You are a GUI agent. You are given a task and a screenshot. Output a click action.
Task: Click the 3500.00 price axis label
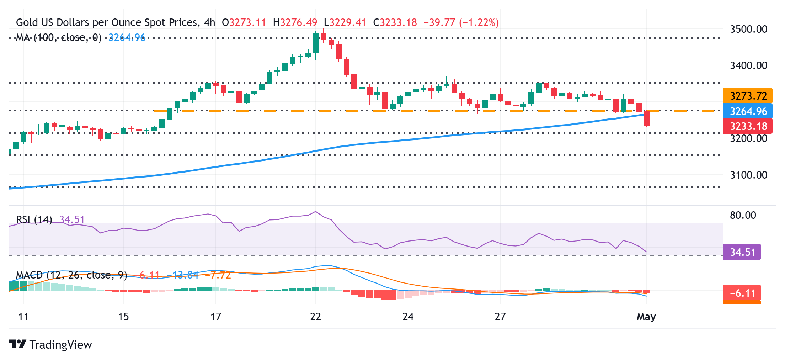(748, 29)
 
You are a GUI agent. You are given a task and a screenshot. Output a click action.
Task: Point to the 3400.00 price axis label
(748, 65)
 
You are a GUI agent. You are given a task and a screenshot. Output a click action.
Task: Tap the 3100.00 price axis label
(748, 175)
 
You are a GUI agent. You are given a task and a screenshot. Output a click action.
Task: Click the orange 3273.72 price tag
(747, 96)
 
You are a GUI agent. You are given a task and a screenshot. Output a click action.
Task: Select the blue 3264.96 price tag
(747, 111)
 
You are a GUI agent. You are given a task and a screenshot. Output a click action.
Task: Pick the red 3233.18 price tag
(747, 126)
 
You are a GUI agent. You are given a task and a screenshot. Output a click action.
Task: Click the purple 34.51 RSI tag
(742, 252)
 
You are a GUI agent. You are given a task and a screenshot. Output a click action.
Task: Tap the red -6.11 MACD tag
(742, 293)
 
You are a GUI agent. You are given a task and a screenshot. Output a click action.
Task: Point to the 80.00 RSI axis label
(743, 215)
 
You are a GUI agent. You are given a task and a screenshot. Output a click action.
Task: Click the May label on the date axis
(646, 317)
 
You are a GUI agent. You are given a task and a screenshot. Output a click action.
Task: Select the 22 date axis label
(315, 317)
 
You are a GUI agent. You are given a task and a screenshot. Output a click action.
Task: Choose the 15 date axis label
(123, 317)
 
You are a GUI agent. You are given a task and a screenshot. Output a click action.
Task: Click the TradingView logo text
(60, 345)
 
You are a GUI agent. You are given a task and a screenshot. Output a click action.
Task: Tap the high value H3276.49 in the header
(295, 23)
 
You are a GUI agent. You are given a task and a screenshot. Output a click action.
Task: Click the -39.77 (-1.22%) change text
(461, 23)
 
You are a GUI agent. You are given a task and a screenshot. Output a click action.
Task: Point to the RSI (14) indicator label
(34, 219)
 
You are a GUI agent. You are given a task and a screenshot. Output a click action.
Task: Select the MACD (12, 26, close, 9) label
(71, 275)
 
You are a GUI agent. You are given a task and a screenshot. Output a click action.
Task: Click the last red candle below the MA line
(646, 118)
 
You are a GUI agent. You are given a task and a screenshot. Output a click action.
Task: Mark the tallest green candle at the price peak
(315, 43)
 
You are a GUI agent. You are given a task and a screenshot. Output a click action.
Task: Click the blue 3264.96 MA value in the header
(127, 37)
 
